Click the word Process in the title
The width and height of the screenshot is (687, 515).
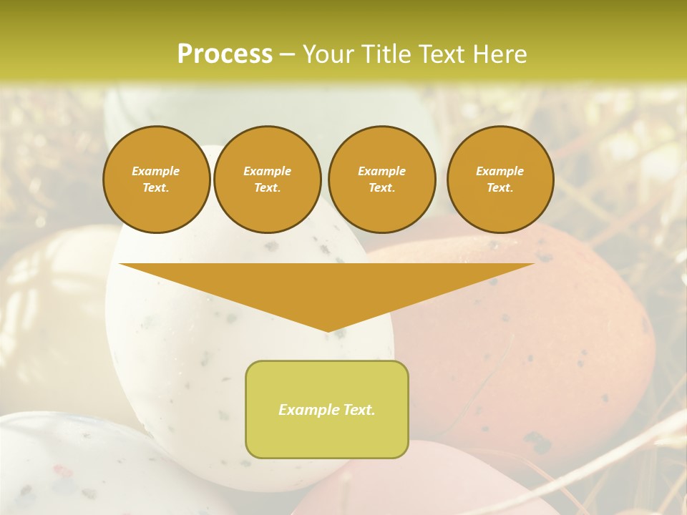click(x=225, y=54)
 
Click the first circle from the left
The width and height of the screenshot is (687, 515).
click(x=156, y=180)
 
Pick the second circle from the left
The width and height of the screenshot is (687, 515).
click(x=267, y=180)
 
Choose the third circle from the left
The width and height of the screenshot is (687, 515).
click(x=381, y=180)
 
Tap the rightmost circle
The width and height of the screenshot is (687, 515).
click(x=500, y=180)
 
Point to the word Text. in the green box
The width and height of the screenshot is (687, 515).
click(x=359, y=410)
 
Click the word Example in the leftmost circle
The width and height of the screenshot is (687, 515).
click(x=156, y=172)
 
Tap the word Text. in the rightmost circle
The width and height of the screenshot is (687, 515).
click(x=500, y=188)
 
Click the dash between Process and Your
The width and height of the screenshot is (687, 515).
click(x=287, y=54)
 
